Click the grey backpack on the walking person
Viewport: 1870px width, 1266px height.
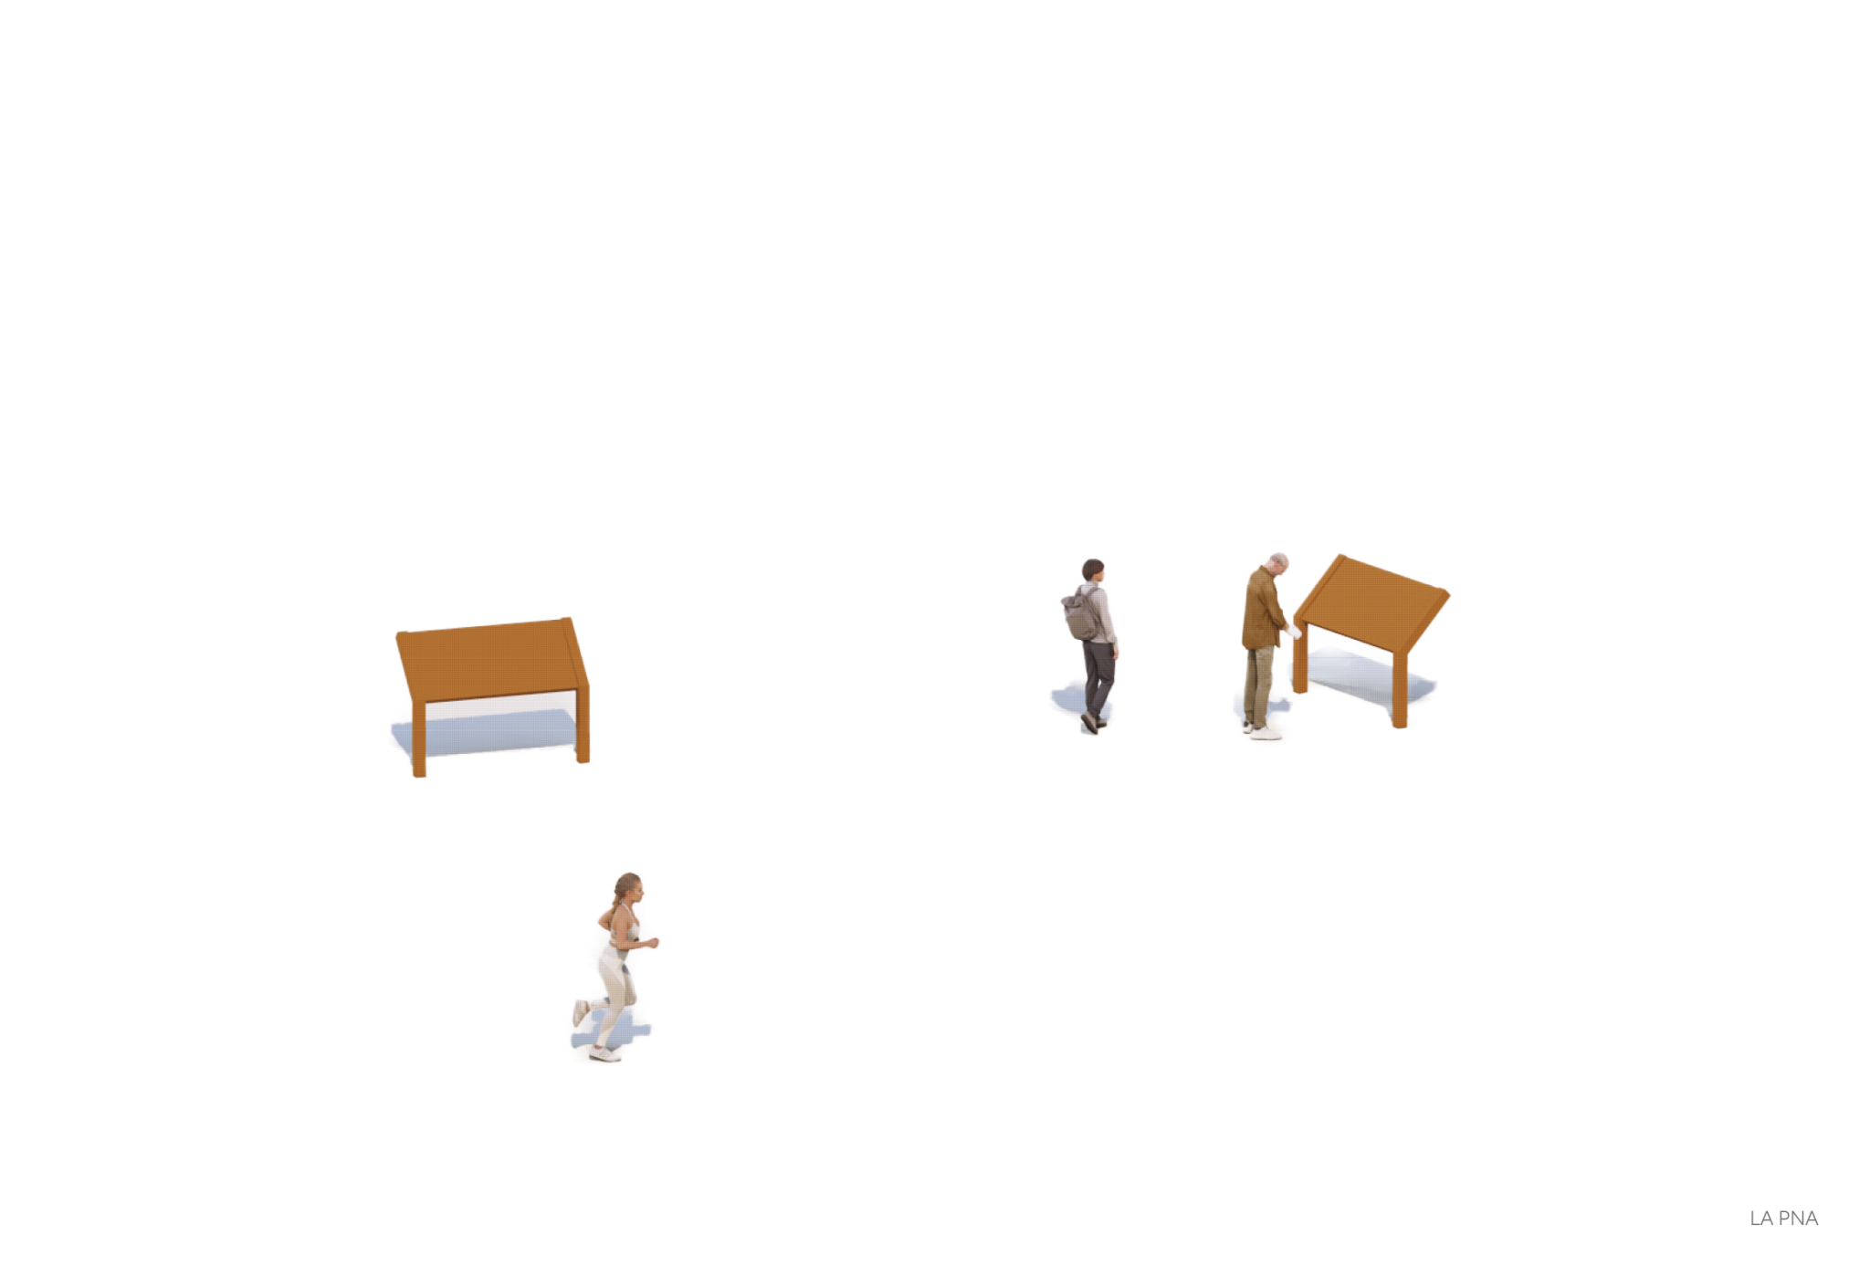click(x=1082, y=613)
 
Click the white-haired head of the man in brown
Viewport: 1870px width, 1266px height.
click(x=1278, y=562)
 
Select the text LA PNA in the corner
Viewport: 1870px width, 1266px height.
click(x=1783, y=1219)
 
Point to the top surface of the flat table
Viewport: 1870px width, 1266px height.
click(x=492, y=659)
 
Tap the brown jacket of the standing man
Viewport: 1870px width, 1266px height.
click(x=1263, y=608)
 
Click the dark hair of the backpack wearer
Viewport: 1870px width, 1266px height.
click(x=1092, y=568)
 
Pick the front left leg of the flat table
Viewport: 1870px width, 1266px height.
click(x=419, y=738)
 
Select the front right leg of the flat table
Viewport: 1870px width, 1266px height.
click(x=583, y=725)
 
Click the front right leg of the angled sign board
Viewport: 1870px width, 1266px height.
click(x=1400, y=690)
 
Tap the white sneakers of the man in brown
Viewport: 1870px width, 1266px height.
click(x=1263, y=730)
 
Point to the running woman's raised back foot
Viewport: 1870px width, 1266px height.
click(x=580, y=1012)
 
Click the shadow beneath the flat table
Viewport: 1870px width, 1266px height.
click(x=484, y=734)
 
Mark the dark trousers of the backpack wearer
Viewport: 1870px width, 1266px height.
click(x=1098, y=677)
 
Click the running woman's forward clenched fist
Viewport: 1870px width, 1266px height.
click(x=652, y=942)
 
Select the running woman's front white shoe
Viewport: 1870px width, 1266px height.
click(x=604, y=1053)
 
